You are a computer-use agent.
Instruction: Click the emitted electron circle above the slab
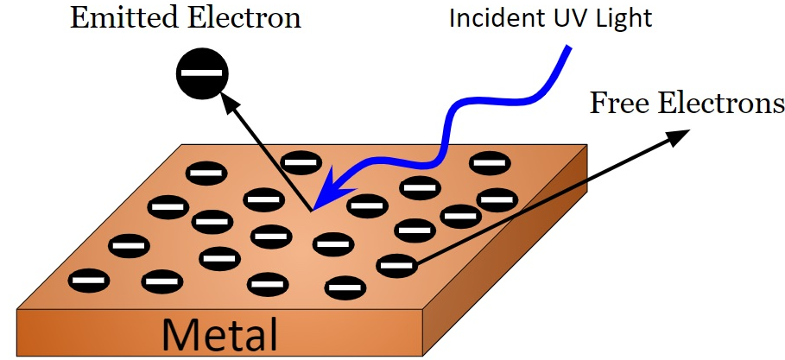pyautogui.click(x=202, y=75)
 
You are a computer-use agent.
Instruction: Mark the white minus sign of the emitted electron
pyautogui.click(x=202, y=75)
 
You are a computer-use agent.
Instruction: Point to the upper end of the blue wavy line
pyautogui.click(x=568, y=49)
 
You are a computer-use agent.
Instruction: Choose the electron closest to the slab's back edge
pyautogui.click(x=301, y=161)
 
